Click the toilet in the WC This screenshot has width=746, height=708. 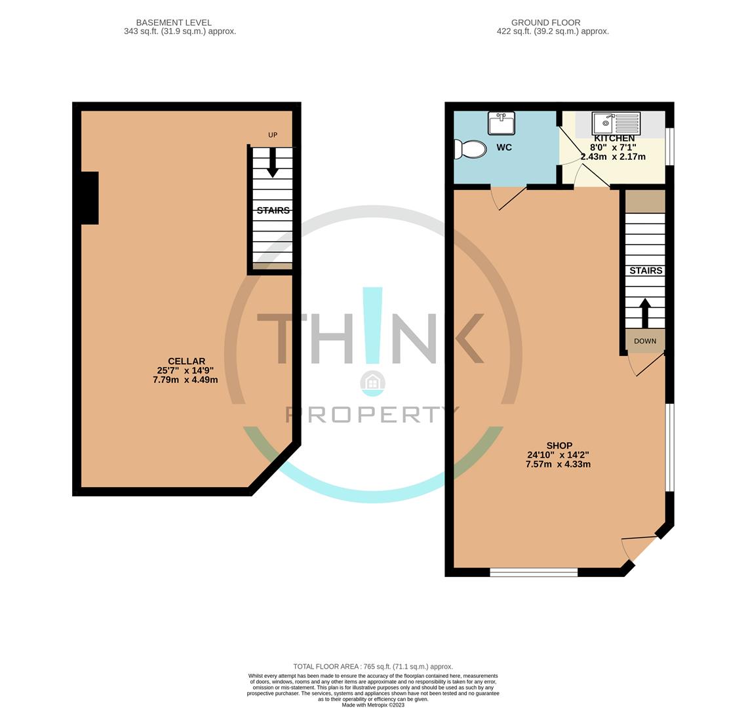(x=471, y=149)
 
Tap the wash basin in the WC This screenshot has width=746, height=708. (x=501, y=123)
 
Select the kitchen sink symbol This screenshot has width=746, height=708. (x=616, y=123)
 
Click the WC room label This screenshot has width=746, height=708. (x=504, y=147)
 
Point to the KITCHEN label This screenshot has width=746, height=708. (x=614, y=138)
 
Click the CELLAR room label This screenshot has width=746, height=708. (x=186, y=361)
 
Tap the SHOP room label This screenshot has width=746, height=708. (x=559, y=446)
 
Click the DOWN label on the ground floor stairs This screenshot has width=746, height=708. (x=645, y=341)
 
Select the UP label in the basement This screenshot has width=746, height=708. (x=273, y=135)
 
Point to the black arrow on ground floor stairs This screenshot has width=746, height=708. (x=645, y=313)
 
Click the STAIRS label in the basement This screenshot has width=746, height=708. (x=273, y=210)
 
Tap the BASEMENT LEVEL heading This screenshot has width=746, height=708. (x=174, y=22)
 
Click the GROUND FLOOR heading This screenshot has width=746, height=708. (x=546, y=22)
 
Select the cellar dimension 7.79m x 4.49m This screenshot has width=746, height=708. (x=186, y=380)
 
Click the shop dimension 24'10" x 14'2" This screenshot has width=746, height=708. (x=559, y=455)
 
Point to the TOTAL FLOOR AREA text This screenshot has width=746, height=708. (x=373, y=667)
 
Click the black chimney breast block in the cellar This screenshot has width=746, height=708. (x=89, y=198)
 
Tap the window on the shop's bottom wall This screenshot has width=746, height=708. (x=534, y=572)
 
